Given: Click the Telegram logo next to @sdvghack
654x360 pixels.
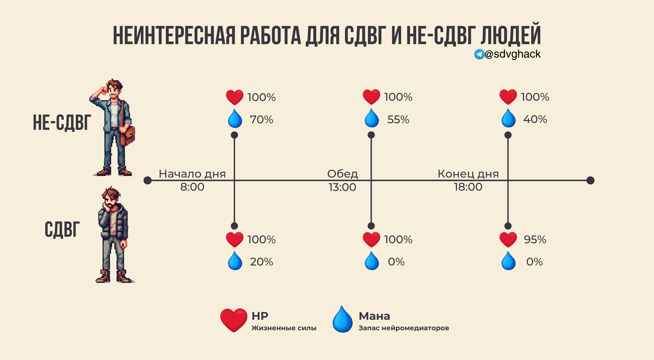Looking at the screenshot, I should [x=479, y=54].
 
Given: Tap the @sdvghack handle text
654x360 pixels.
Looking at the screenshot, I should [x=513, y=54].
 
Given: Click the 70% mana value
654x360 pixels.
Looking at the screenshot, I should [x=262, y=120].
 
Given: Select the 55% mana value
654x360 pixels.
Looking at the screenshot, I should [x=398, y=120].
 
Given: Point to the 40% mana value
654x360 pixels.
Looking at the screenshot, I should [x=535, y=119].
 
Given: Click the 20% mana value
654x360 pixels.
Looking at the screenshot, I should [x=262, y=262].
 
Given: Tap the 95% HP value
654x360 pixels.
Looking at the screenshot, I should [x=535, y=240].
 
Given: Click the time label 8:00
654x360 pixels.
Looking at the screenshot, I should [x=192, y=187].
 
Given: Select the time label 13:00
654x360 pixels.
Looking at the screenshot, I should [x=342, y=187].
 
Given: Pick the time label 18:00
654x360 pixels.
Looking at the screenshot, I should [x=468, y=187].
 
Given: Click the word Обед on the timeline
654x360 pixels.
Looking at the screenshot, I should [x=342, y=174].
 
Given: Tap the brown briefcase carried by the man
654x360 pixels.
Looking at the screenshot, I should [x=128, y=135].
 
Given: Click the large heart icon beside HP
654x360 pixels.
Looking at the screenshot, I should [x=233, y=320].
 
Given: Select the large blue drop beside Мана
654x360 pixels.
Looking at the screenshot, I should [x=342, y=319].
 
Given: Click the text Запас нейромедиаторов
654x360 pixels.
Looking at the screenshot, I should [x=404, y=328].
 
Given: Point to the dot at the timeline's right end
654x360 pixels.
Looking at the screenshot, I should [x=590, y=180].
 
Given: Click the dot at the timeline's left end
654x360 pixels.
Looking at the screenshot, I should [x=148, y=180].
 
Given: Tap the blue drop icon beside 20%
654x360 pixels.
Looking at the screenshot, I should [x=235, y=261].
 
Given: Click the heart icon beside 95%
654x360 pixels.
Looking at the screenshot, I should [x=508, y=240].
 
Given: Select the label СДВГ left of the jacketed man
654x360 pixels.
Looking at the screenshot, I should [x=62, y=230].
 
